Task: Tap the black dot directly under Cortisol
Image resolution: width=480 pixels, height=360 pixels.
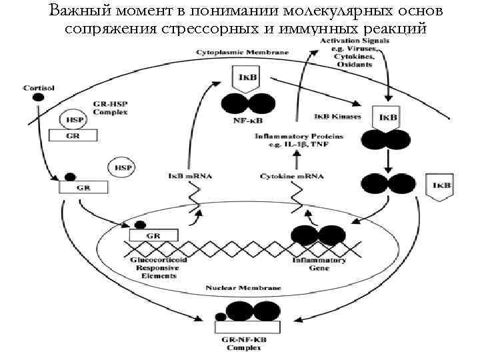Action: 39,97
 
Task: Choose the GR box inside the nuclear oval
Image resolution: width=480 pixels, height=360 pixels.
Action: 153,236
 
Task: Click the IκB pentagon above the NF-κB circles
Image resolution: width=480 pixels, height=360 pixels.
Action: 241,79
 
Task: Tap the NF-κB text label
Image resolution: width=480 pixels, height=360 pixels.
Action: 247,122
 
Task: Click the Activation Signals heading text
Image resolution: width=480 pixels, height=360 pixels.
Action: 348,42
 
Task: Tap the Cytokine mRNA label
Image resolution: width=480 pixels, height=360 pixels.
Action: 291,177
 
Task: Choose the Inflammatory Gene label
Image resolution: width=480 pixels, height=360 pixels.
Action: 319,265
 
